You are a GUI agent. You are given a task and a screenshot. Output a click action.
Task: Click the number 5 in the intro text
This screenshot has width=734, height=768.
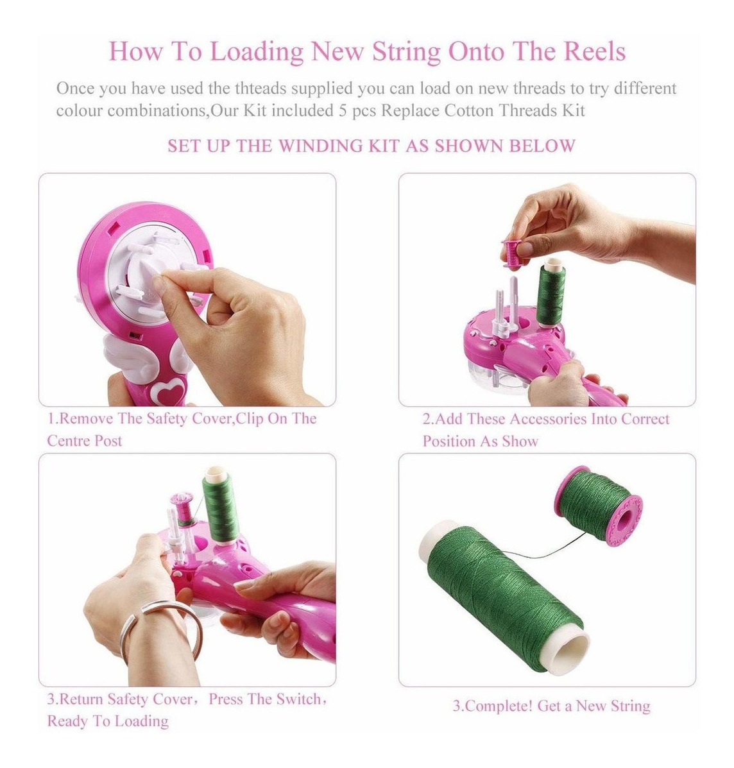(343, 111)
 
